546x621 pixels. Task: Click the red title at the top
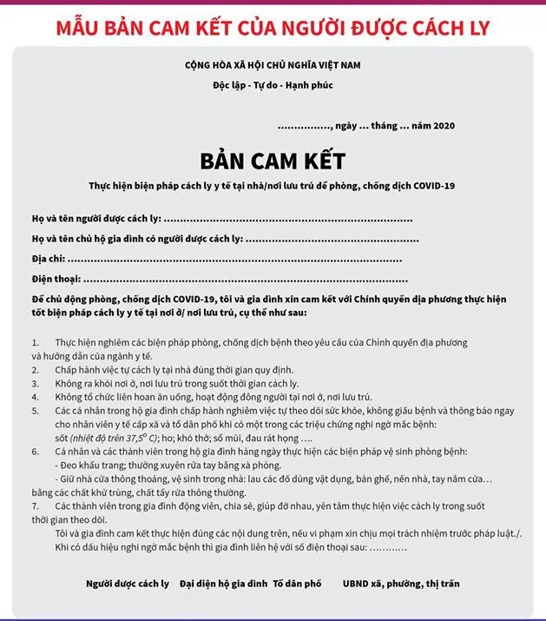tap(273, 27)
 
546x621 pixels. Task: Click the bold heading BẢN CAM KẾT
tap(273, 161)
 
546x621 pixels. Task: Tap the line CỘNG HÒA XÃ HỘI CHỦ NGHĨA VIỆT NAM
tap(273, 66)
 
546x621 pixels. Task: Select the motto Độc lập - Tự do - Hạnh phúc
tap(273, 85)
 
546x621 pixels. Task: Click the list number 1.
tap(35, 344)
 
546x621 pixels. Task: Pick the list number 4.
tap(35, 396)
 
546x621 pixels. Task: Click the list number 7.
tap(35, 505)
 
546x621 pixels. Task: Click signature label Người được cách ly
tap(128, 584)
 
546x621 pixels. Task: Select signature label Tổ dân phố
tap(298, 584)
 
